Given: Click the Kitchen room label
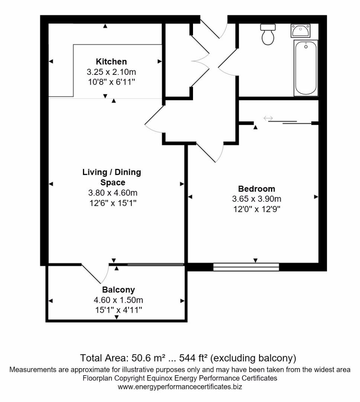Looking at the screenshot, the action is [111, 61].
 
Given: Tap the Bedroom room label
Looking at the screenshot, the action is [257, 189].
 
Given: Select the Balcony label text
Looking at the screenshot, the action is [118, 290].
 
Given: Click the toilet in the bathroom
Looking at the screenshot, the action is [268, 34].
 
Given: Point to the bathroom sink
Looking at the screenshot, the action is [300, 31].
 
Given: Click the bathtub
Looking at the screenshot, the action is [306, 68].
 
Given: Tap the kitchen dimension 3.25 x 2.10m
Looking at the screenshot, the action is [111, 72].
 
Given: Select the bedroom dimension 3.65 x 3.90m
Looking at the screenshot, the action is [257, 199].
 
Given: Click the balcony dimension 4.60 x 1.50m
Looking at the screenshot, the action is [118, 300].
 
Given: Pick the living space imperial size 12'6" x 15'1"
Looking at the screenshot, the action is [113, 203].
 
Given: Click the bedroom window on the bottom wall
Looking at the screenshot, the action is [246, 267].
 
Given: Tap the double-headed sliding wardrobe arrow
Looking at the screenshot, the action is [268, 118].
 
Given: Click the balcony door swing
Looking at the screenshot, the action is [95, 274].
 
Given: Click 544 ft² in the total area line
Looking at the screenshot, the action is [193, 358].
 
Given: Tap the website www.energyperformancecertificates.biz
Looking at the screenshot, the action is [180, 387].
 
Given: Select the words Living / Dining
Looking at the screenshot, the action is [112, 172].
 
